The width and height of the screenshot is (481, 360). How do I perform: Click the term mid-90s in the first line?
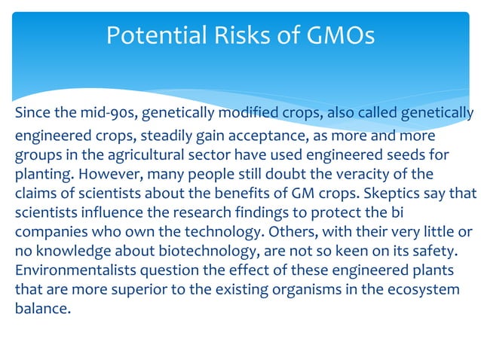[100, 114]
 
